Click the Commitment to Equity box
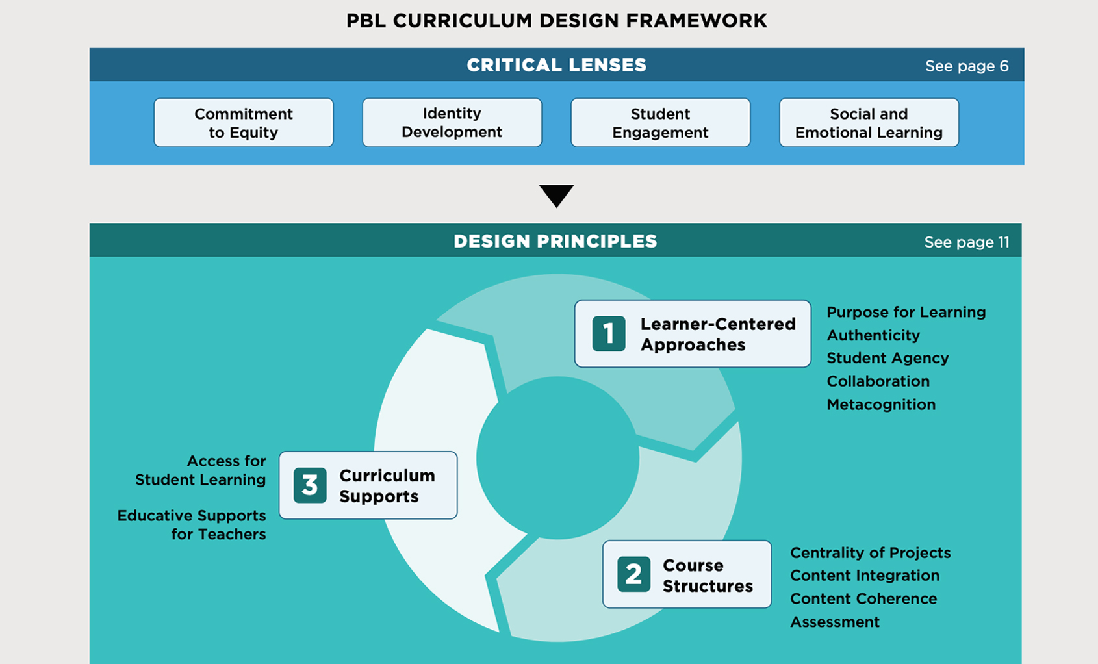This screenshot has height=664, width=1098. click(244, 123)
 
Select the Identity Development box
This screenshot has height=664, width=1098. click(452, 123)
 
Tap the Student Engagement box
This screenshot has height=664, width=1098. click(660, 123)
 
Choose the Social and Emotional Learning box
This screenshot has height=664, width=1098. click(869, 123)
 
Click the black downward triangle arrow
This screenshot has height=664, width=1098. click(556, 195)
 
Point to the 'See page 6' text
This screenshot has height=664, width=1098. click(967, 66)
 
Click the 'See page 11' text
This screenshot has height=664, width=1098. click(967, 242)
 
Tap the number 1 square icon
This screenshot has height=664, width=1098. click(609, 334)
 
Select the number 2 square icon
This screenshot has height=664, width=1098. click(634, 574)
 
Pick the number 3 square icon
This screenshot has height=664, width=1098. click(310, 485)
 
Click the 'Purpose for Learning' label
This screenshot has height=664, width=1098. click(906, 312)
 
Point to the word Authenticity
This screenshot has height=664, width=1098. click(873, 335)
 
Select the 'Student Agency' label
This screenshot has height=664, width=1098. click(887, 358)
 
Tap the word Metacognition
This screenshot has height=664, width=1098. click(881, 404)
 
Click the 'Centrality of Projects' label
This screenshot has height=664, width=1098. click(870, 553)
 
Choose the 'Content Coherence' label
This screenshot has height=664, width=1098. click(863, 598)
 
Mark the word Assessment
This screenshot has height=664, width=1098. click(835, 622)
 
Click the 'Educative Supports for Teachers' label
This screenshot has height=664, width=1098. click(192, 525)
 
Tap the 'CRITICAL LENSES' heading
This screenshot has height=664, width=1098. click(556, 65)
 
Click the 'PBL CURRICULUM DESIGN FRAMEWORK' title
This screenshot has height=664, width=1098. click(556, 21)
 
